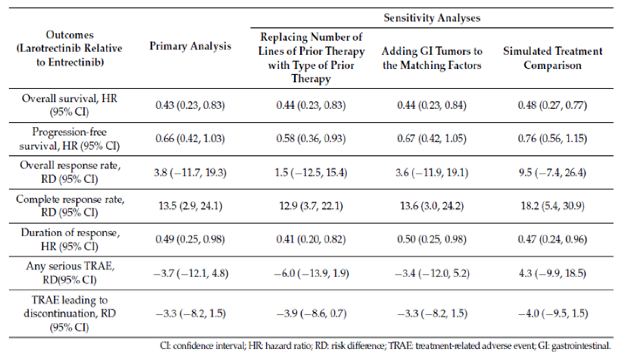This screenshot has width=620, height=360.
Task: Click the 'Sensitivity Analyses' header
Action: [432, 18]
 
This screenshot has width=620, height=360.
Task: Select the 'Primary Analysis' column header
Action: [190, 46]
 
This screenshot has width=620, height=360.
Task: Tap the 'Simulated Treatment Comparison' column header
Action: [552, 58]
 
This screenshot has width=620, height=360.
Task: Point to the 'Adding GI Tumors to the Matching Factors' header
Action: [432, 58]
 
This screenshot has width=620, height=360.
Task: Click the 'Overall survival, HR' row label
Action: [69, 105]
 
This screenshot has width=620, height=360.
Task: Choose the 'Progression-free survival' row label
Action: [69, 139]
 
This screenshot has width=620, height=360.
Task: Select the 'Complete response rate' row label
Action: [70, 206]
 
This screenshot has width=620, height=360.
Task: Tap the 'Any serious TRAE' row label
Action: [70, 273]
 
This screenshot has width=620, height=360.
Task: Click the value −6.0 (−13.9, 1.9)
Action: [311, 274]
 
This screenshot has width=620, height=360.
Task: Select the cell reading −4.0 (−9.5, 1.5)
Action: [553, 313]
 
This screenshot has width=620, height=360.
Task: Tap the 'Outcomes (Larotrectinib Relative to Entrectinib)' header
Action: [69, 48]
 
